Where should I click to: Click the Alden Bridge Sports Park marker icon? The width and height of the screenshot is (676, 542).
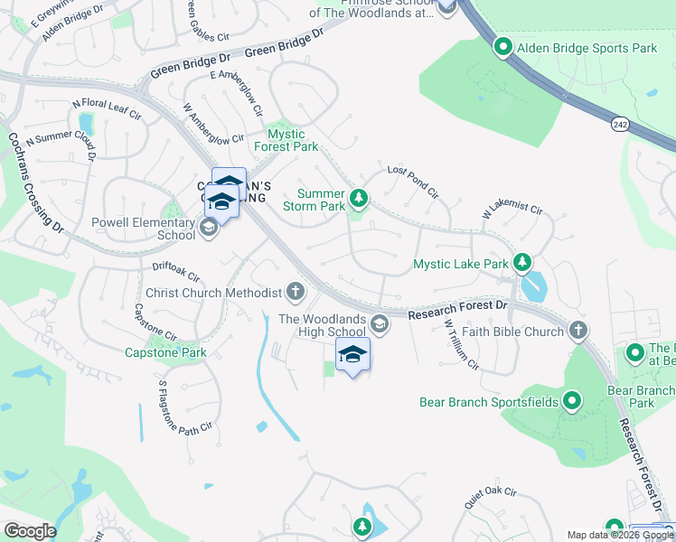[x=502, y=48]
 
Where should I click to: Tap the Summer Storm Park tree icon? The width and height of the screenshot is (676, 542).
[x=359, y=198]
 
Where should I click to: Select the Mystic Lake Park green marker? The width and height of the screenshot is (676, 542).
[x=521, y=264]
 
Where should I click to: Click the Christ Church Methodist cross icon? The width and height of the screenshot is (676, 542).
[x=295, y=291]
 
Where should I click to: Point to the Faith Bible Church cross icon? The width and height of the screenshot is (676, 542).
[x=578, y=332]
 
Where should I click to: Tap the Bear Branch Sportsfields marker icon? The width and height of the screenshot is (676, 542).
[x=571, y=401]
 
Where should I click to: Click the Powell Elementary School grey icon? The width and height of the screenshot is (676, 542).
[x=209, y=227]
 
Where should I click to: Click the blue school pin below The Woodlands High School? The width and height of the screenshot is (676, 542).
[x=352, y=357]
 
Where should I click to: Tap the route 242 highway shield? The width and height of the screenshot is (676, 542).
[x=619, y=124]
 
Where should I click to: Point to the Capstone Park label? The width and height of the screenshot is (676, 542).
[x=165, y=352]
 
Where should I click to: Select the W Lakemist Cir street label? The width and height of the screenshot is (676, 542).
[x=512, y=211]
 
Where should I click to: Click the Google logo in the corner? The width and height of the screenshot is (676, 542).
[x=29, y=531]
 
